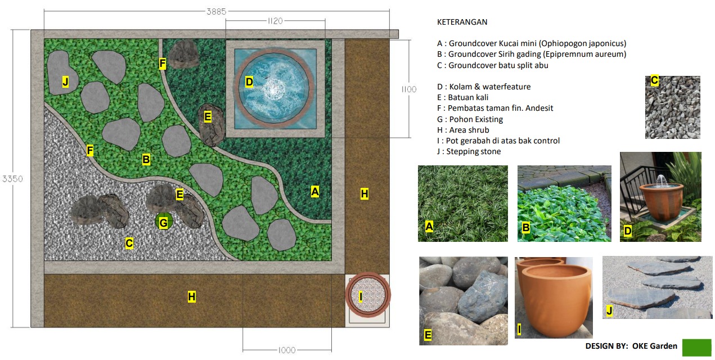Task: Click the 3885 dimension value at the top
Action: click(216, 12)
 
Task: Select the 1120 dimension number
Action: click(275, 21)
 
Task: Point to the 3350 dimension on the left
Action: click(12, 179)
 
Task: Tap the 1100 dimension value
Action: click(409, 89)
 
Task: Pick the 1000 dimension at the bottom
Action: click(287, 350)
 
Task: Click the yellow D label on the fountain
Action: click(249, 82)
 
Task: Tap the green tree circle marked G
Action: click(164, 222)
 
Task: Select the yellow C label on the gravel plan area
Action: click(129, 244)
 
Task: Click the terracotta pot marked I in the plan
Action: click(368, 295)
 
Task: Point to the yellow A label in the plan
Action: click(314, 192)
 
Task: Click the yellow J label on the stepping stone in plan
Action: click(65, 82)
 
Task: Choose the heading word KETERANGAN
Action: click(462, 22)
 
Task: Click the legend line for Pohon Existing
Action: click(470, 119)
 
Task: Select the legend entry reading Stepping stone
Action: click(469, 151)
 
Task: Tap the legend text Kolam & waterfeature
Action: click(484, 87)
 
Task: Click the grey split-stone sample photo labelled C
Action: click(673, 107)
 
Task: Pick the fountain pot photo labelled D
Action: click(660, 197)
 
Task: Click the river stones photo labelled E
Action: click(464, 300)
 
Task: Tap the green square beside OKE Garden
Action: click(697, 348)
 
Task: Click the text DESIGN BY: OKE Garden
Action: click(631, 346)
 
